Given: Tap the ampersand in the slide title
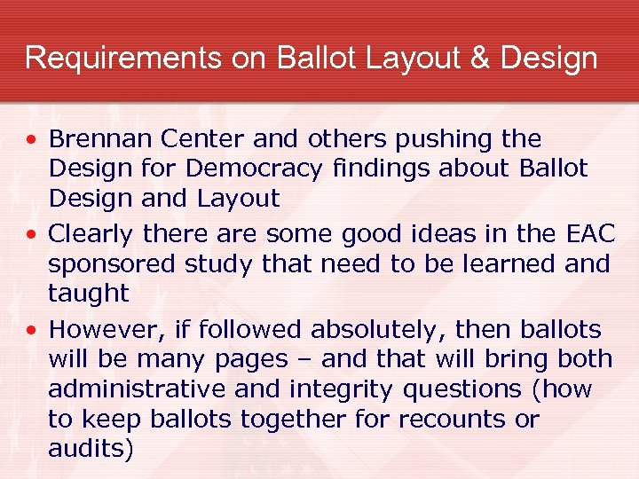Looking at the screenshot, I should (x=478, y=59).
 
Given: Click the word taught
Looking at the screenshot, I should (x=89, y=293).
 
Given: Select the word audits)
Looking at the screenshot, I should (x=91, y=448).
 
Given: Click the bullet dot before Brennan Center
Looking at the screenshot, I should (x=32, y=140).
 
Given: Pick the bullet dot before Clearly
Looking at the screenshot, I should (x=32, y=235).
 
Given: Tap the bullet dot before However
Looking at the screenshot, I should (x=32, y=331).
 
